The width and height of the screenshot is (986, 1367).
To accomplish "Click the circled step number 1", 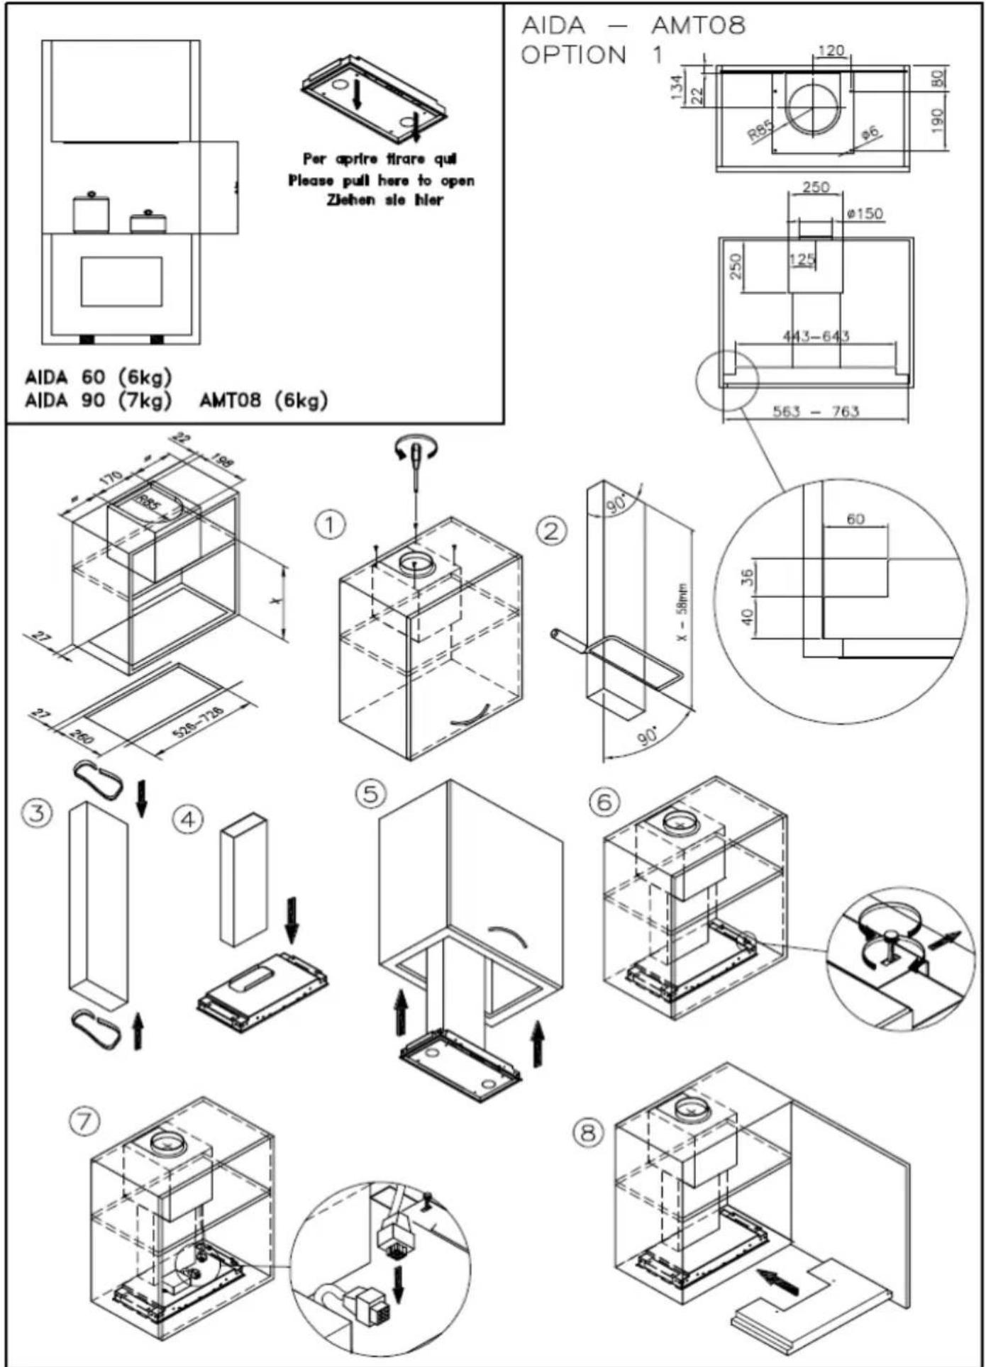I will pyautogui.click(x=329, y=525).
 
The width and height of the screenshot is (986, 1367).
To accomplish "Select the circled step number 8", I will pyautogui.click(x=588, y=1133).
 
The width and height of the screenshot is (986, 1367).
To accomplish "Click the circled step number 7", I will pyautogui.click(x=84, y=1121).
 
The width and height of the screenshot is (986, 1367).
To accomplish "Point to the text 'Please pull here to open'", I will pyautogui.click(x=381, y=181).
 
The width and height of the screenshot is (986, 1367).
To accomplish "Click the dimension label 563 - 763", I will pyautogui.click(x=815, y=411).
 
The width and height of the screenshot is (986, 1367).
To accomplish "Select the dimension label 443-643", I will pyautogui.click(x=816, y=336).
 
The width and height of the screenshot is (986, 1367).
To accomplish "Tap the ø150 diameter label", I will pyautogui.click(x=865, y=213).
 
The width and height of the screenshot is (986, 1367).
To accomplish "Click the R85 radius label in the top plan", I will pyautogui.click(x=760, y=130).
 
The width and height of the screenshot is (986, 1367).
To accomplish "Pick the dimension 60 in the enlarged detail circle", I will pyautogui.click(x=855, y=519).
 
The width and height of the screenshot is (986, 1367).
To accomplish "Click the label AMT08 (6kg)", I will pyautogui.click(x=263, y=401).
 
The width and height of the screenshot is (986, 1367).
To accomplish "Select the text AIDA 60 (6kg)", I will pyautogui.click(x=99, y=376).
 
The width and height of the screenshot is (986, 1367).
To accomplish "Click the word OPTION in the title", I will pyautogui.click(x=574, y=55).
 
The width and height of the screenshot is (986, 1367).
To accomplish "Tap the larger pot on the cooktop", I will pyautogui.click(x=91, y=213).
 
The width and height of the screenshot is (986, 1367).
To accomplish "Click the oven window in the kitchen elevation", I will pyautogui.click(x=121, y=281).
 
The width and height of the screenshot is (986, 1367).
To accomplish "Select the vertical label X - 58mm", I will pyautogui.click(x=682, y=612).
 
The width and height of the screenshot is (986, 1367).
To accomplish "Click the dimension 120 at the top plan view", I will pyautogui.click(x=831, y=51).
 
